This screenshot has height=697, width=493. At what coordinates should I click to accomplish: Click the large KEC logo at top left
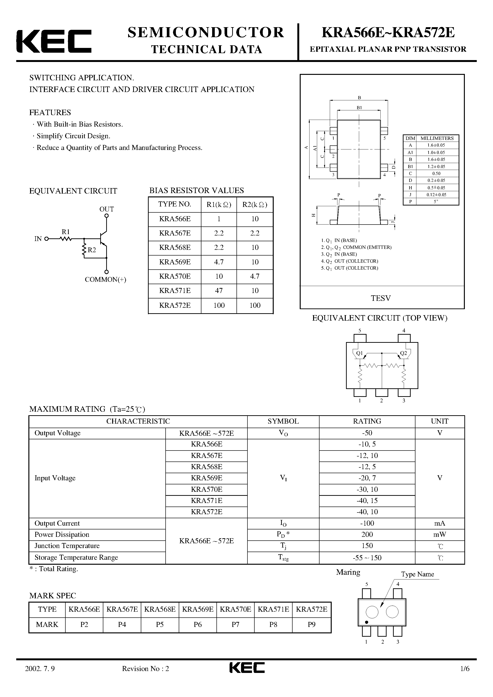53,41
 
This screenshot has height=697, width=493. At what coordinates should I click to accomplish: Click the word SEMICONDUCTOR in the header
206,32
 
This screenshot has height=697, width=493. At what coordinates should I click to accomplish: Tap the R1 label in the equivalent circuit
66,232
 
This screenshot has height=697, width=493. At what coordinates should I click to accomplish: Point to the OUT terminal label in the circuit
106,209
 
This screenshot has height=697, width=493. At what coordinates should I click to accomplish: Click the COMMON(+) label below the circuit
105,280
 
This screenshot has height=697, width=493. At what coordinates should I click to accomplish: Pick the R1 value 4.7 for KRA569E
219,262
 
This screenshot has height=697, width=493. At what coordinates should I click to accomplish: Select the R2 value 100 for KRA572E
255,305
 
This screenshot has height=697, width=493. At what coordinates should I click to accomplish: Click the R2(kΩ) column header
255,205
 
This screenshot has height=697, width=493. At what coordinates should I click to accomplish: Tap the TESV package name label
381,298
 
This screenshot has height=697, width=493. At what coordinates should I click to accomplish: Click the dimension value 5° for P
436,202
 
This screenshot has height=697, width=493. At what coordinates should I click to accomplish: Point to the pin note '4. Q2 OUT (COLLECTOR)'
350,261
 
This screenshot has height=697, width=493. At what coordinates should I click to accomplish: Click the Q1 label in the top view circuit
360,353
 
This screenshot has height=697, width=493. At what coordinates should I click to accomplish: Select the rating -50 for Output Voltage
367,433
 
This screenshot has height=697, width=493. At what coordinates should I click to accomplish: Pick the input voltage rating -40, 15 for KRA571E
367,501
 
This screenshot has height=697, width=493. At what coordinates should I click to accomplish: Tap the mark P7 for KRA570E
235,625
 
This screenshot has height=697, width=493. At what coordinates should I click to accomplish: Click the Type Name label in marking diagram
417,574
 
